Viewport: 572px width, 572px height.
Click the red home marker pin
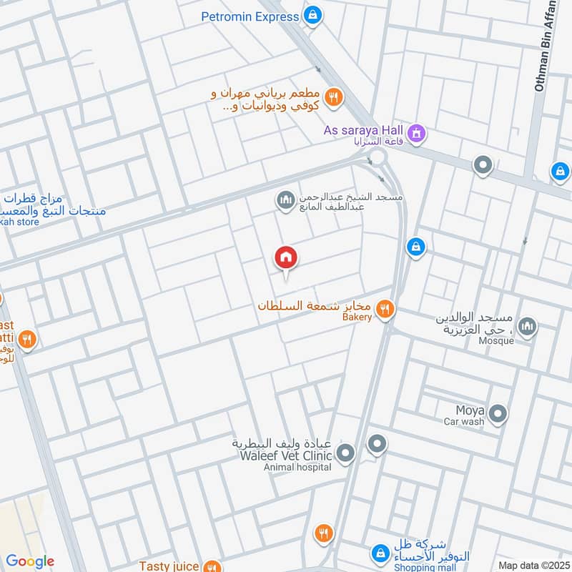pyautogui.click(x=286, y=257)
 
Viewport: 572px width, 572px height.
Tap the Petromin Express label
pyautogui.click(x=249, y=16)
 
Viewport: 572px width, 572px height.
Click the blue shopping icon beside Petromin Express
pyautogui.click(x=312, y=15)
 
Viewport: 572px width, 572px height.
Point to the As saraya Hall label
pyautogui.click(x=364, y=130)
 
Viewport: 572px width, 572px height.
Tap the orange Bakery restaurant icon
pyautogui.click(x=385, y=309)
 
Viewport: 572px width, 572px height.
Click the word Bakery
pyautogui.click(x=357, y=317)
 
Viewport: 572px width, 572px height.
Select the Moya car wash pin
pyautogui.click(x=498, y=413)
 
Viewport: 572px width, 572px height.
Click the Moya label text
pyautogui.click(x=470, y=410)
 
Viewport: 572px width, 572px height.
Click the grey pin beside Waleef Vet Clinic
pyautogui.click(x=345, y=453)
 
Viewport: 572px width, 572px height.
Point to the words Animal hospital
pyautogui.click(x=297, y=467)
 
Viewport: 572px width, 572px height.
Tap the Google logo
pyautogui.click(x=30, y=562)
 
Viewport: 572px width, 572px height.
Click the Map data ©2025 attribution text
pyautogui.click(x=533, y=565)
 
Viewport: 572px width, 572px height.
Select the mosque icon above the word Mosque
pyautogui.click(x=527, y=327)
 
